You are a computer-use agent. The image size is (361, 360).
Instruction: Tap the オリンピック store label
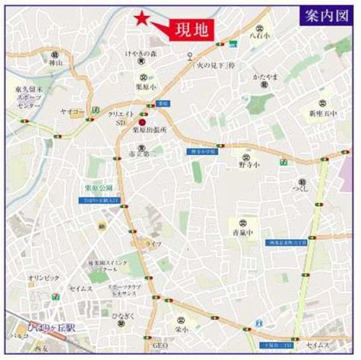click(x=39, y=277)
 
